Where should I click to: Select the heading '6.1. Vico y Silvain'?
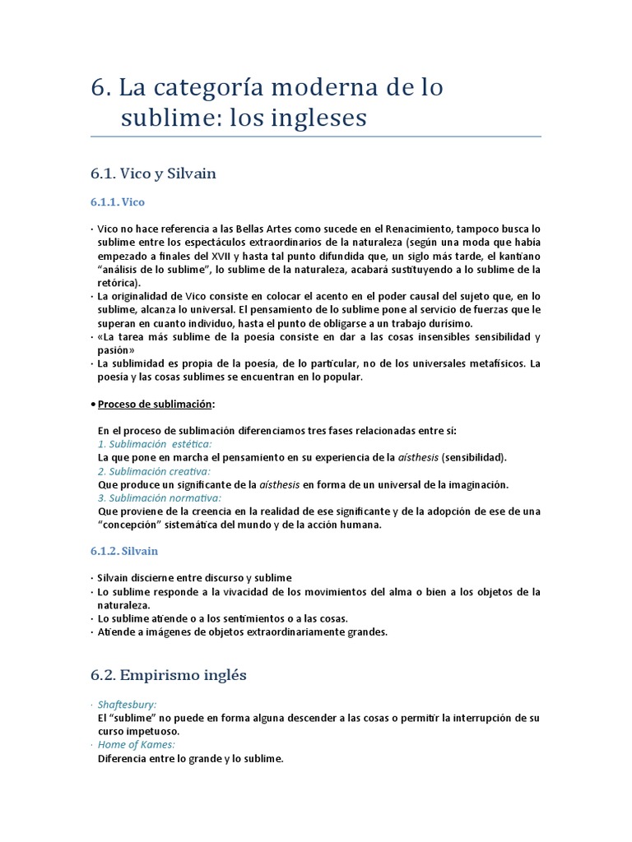(x=153, y=173)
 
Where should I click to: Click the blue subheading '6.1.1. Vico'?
(x=118, y=202)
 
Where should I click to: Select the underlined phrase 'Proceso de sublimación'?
(x=156, y=404)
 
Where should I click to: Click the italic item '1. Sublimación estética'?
(x=149, y=444)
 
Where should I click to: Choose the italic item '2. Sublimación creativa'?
(x=153, y=471)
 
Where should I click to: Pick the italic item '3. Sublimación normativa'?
(x=159, y=497)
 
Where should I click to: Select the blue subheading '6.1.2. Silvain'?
(x=123, y=551)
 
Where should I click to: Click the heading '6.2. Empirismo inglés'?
(x=169, y=675)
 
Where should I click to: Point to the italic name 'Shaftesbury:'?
(x=127, y=705)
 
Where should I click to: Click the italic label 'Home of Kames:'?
(x=136, y=745)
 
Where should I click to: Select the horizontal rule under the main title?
(x=316, y=136)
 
